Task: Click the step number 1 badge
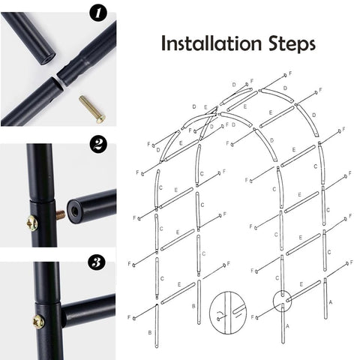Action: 98,13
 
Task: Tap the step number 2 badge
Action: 98,144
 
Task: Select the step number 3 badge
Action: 97,262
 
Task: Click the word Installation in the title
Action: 211,43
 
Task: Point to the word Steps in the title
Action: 292,44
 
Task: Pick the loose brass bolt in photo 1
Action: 92,109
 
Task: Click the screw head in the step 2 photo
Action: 32,223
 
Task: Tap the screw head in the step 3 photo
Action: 39,322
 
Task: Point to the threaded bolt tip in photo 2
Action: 61,214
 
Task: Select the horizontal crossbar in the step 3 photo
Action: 88,310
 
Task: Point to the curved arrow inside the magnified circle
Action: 219,313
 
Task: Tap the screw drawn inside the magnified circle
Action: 222,318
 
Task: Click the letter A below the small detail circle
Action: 287,326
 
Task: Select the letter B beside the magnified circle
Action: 193,306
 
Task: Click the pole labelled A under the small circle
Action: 283,323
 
